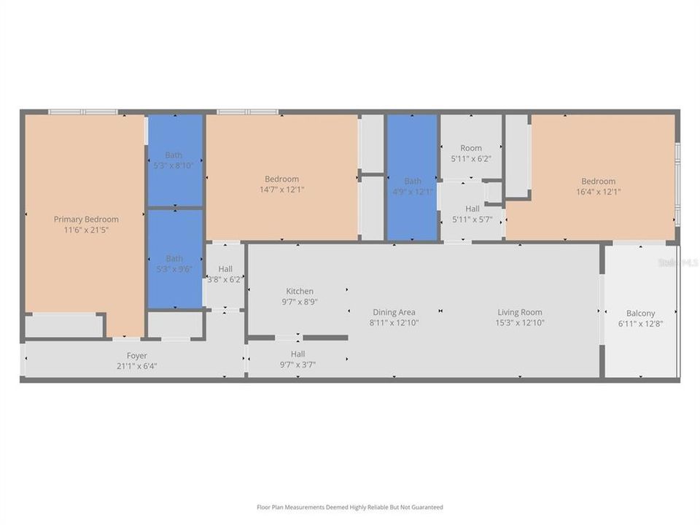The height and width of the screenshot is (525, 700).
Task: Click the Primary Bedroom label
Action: coord(86,219)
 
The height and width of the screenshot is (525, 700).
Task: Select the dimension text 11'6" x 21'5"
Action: coord(86,230)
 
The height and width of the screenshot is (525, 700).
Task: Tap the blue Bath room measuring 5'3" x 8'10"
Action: coord(175,160)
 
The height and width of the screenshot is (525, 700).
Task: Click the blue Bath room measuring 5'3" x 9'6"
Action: coord(175,262)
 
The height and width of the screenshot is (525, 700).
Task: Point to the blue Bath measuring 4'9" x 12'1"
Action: coord(412,186)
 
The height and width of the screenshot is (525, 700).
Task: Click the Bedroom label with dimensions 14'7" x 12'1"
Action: coord(281,179)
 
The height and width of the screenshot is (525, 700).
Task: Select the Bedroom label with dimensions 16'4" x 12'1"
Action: coord(598,181)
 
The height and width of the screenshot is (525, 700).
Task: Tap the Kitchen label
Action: coord(300,291)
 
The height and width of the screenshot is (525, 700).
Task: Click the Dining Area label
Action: coord(394,312)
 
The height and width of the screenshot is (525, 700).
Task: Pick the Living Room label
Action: coord(520,312)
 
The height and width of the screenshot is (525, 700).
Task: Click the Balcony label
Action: coord(640,314)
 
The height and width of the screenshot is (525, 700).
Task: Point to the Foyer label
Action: coord(136,356)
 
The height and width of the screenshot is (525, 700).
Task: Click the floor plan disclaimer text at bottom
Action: coord(349,507)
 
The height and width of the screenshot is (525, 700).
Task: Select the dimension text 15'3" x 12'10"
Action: coord(520,322)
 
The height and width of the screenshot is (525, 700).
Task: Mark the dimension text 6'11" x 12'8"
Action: coord(640,324)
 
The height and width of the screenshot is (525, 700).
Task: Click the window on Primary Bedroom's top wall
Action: coord(82,112)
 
